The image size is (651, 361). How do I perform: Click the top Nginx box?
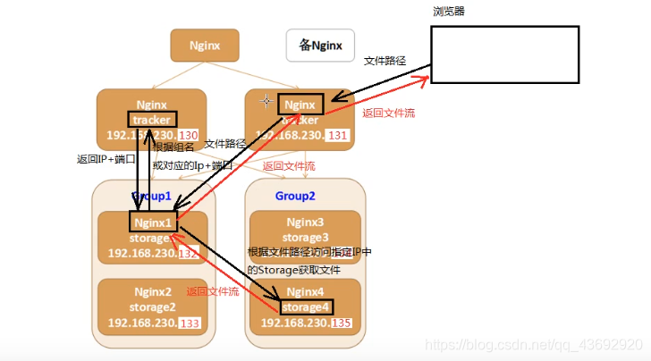tap(205, 45)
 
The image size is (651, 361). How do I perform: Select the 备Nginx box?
tap(320, 45)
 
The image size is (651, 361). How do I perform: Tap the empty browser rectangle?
tap(505, 55)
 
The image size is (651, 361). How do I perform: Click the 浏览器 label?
tap(448, 12)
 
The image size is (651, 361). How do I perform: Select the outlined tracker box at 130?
tap(151, 119)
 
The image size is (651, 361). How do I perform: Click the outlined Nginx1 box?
tap(152, 222)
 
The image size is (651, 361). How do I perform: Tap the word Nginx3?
tap(306, 222)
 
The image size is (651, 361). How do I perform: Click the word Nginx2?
tap(152, 291)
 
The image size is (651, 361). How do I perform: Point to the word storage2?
tap(152, 306)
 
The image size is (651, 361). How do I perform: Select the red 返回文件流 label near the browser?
tap(388, 113)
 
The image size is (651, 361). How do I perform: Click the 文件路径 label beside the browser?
tap(385, 61)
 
